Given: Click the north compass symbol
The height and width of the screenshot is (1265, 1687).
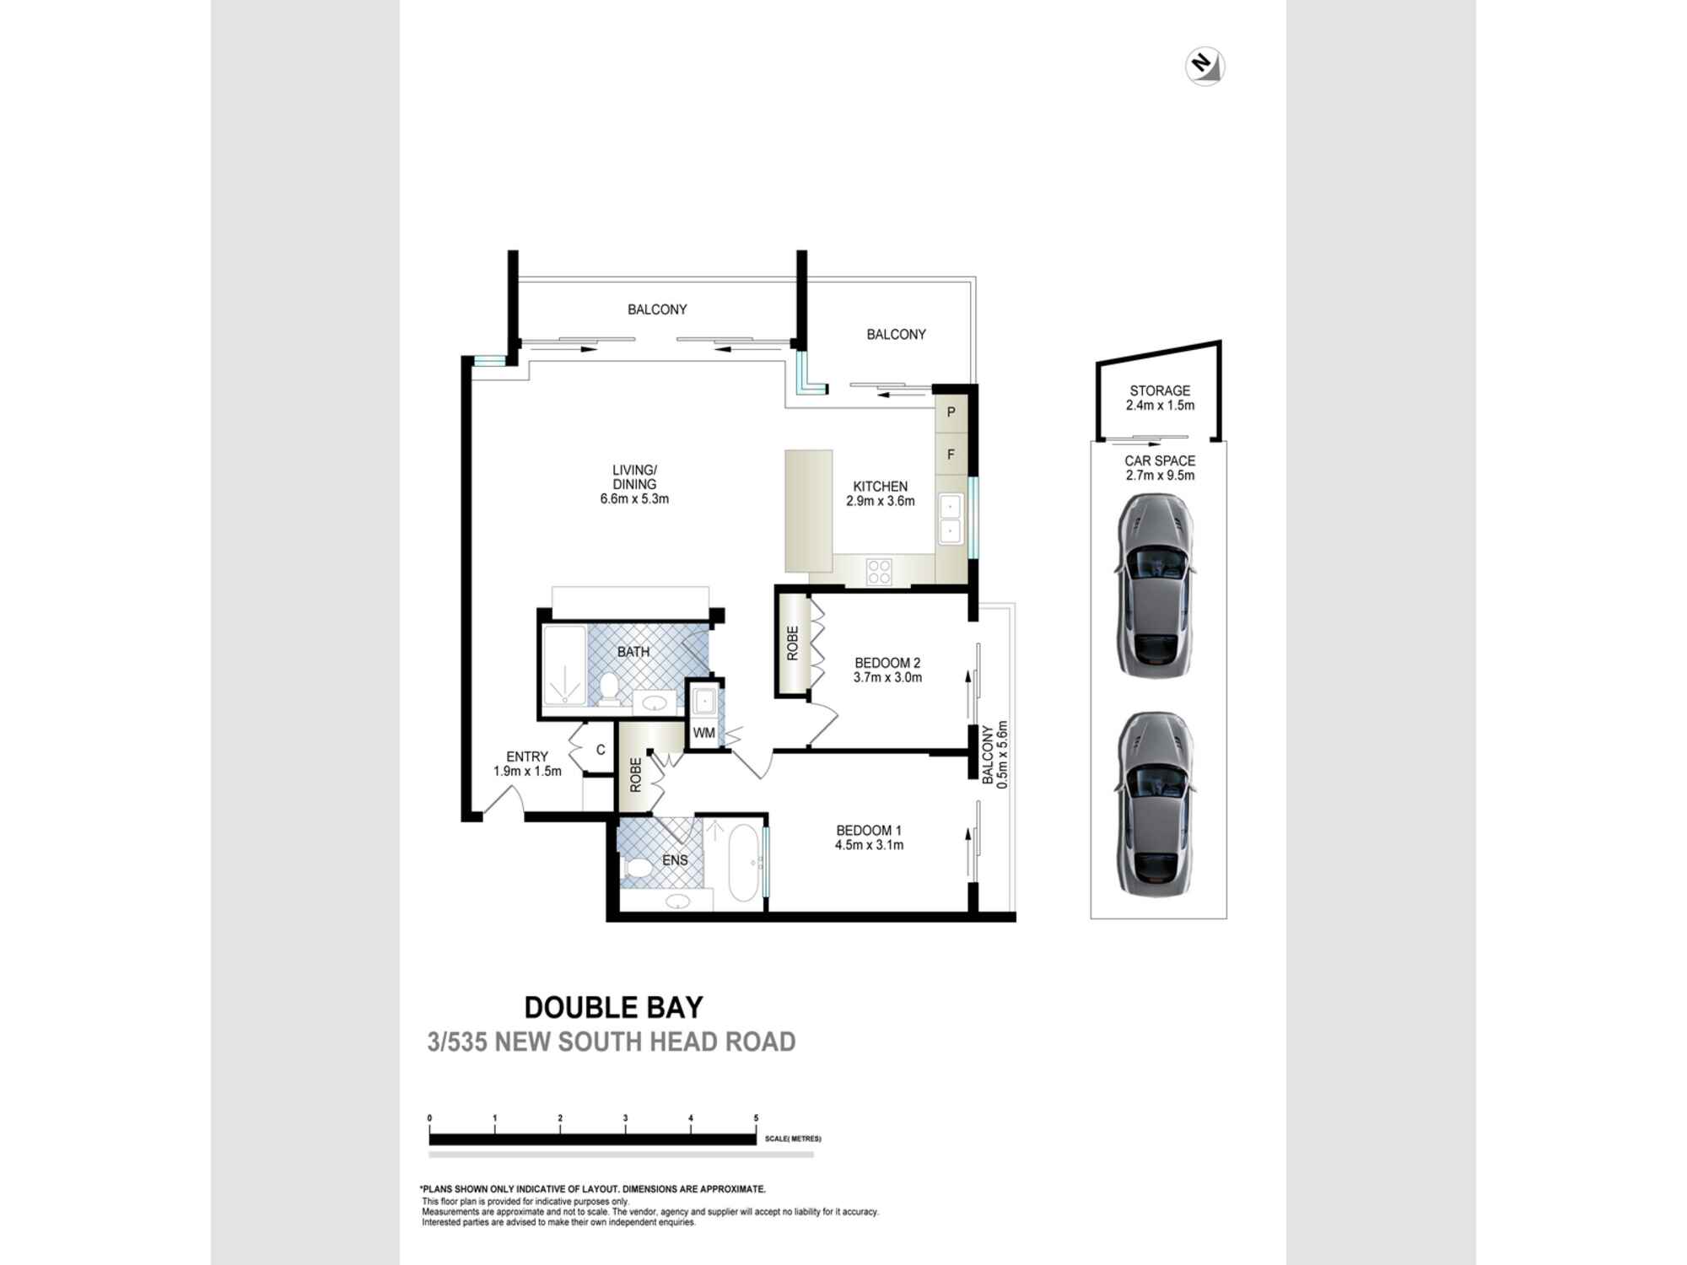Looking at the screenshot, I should (1205, 67).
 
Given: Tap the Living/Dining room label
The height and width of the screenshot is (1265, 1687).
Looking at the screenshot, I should (634, 484).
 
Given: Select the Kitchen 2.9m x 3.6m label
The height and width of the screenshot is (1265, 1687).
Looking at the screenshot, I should (880, 493).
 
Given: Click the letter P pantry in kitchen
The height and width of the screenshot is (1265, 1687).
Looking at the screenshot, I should (951, 412).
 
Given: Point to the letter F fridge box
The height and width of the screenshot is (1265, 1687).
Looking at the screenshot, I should (951, 455).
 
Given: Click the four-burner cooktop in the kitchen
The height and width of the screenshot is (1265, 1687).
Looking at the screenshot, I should (879, 572).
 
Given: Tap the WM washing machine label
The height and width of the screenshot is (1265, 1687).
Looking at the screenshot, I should (703, 733).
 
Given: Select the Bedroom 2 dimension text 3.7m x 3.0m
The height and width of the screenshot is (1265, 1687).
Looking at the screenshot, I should (887, 677).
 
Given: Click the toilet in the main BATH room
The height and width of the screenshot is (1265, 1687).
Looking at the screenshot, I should (609, 689).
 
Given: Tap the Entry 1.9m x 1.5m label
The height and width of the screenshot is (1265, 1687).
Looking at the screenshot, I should (527, 763).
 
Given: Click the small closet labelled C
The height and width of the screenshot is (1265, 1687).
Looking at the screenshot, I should (600, 750).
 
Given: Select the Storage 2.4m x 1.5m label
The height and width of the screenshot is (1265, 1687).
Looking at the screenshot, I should (1160, 397).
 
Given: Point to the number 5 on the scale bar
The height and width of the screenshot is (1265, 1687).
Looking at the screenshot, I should (756, 1118).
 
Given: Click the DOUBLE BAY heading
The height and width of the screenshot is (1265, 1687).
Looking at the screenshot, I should (613, 1007).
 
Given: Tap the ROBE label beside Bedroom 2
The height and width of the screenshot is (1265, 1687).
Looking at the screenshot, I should (792, 643).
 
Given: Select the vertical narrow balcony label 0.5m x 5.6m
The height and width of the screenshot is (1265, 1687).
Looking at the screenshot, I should (994, 754).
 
